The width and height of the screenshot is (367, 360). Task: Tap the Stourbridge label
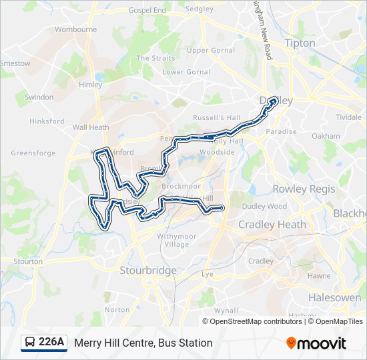[148, 270]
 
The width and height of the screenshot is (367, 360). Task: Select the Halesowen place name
[334, 297]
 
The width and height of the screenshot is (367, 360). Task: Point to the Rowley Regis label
[304, 189]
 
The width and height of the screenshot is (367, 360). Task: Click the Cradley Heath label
[272, 225]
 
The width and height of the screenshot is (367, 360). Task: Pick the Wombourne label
[75, 29]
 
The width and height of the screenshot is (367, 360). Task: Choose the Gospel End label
[147, 11]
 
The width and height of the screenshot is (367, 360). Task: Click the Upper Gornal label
[211, 50]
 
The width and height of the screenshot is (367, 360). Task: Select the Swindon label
[39, 97]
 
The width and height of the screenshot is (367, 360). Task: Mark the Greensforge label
[33, 153]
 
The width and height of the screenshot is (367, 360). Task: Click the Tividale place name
[348, 117]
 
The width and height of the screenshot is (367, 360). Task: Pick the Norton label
[117, 309]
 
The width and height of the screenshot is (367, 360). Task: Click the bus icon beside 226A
[30, 343]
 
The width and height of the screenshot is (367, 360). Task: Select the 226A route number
[51, 343]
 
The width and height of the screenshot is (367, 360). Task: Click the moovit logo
[316, 343]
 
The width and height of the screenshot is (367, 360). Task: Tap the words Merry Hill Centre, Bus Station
[143, 343]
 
